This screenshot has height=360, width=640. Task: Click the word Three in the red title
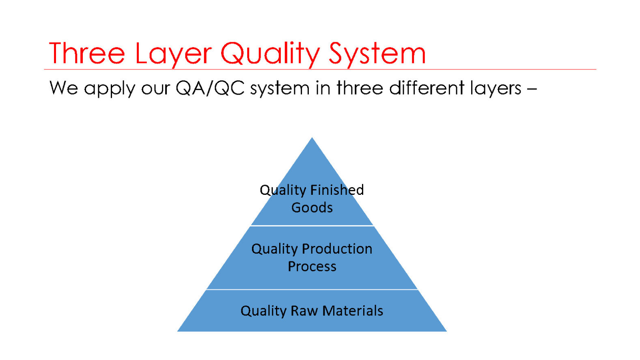[x=87, y=53]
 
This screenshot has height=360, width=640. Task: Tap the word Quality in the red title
[x=270, y=55]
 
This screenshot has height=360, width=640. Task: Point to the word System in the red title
[x=377, y=55]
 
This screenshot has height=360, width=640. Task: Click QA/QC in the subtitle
[x=210, y=88]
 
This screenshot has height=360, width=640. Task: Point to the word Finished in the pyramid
[x=337, y=190]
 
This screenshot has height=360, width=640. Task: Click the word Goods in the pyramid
[x=312, y=208]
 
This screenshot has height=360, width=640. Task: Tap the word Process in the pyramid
[x=312, y=267]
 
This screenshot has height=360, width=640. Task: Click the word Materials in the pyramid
[x=353, y=310]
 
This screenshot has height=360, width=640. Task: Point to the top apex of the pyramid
[x=312, y=138]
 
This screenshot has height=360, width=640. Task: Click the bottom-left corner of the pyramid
[x=177, y=332]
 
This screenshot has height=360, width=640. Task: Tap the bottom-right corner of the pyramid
[x=447, y=332]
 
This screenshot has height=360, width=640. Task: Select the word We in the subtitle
[x=63, y=88]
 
